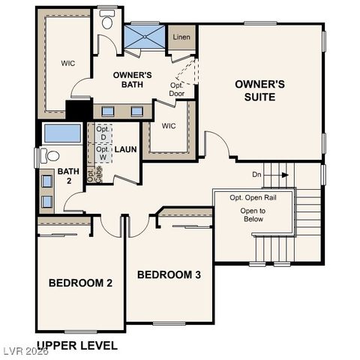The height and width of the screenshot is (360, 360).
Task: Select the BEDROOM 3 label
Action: click(169, 274)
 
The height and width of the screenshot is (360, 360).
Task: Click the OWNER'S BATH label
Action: click(133, 79)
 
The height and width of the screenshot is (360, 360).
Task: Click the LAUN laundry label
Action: click(125, 149)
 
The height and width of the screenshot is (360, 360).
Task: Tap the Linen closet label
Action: click(181, 37)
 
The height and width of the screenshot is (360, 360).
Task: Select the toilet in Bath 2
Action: click(49, 157)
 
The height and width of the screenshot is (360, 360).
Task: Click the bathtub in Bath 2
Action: click(62, 133)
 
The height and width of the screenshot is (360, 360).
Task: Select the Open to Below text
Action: click(253, 216)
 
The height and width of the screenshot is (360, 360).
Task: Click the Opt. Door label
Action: click(177, 90)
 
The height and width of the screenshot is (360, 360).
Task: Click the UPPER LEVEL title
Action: click(77, 346)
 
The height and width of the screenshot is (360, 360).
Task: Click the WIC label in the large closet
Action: click(67, 63)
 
